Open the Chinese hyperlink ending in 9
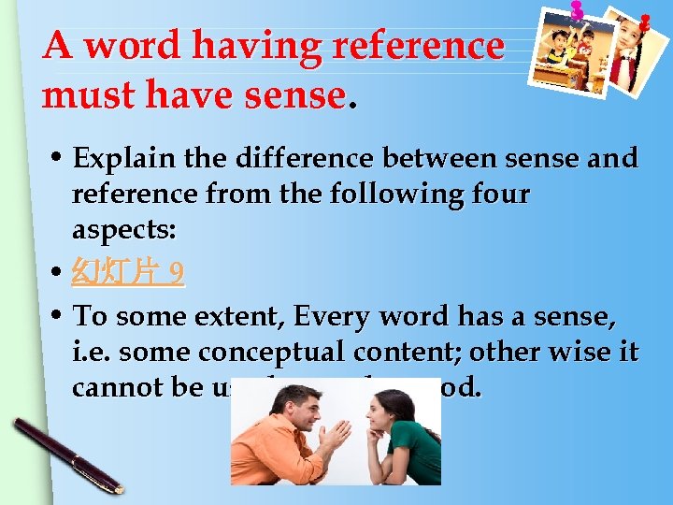point(128,273)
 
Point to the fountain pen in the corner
point(66,454)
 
